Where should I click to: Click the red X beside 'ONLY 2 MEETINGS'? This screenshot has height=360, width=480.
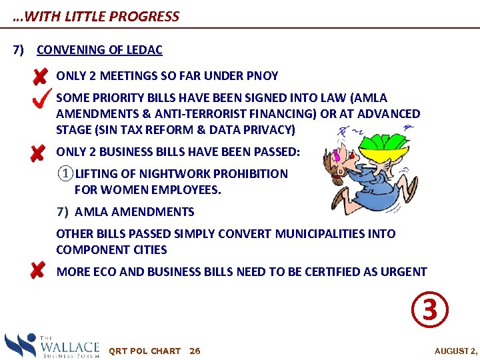point(39,77)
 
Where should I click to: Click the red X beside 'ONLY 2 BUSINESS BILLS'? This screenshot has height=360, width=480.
point(37,153)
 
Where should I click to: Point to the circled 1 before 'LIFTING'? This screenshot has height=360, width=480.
point(65,174)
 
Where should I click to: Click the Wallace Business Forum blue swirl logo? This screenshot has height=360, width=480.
point(20,345)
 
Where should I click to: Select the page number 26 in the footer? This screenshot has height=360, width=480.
point(195,351)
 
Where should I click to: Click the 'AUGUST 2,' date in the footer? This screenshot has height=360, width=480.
point(456,351)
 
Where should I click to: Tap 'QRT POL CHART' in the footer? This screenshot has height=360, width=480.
point(144,351)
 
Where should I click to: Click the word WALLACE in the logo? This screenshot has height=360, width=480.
point(69,347)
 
